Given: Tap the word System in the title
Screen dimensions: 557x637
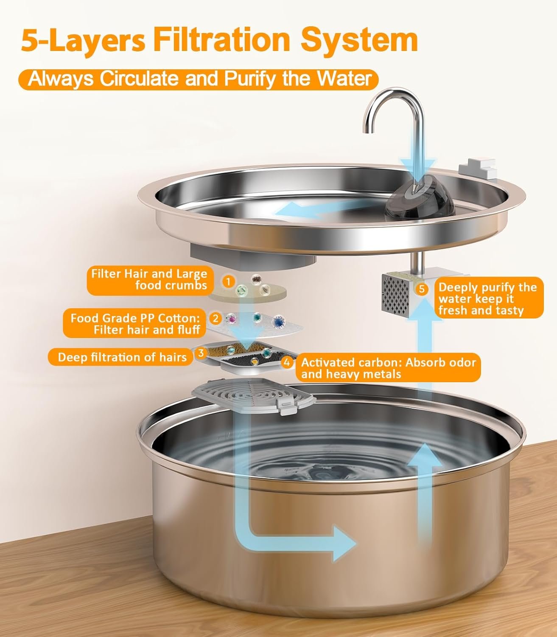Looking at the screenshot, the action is (x=359, y=40).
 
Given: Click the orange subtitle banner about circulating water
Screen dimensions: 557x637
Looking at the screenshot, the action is (x=199, y=79).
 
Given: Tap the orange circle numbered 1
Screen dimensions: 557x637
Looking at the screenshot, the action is (x=228, y=282).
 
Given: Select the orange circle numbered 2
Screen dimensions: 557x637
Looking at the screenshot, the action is (x=215, y=318).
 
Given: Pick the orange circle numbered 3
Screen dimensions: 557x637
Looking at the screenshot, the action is (x=201, y=353).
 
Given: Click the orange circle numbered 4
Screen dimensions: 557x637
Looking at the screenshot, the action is (x=287, y=362).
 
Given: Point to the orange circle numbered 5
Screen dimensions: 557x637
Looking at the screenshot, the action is (x=421, y=289).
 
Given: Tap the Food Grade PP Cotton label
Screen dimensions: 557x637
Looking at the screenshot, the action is (x=134, y=324).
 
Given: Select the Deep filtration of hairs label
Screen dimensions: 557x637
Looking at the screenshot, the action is (x=122, y=357).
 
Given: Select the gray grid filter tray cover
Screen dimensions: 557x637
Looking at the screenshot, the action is (x=253, y=396).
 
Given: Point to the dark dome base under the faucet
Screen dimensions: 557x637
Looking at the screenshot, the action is (x=420, y=199).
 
